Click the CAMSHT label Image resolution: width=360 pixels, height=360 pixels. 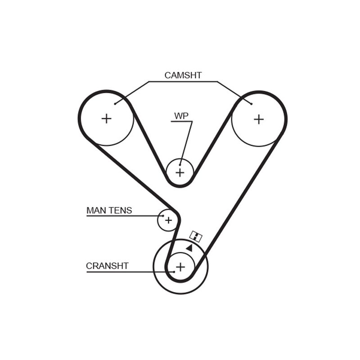(x=183, y=75)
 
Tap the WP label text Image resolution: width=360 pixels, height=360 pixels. (x=181, y=116)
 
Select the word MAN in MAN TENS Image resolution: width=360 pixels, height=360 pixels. (x=96, y=210)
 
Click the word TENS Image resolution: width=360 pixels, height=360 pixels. (x=120, y=210)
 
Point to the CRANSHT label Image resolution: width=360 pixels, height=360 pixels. (x=107, y=266)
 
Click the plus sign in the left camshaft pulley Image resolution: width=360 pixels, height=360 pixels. (x=106, y=119)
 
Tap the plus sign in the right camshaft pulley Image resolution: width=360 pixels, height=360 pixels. (x=259, y=119)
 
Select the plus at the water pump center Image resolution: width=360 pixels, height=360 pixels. (x=180, y=172)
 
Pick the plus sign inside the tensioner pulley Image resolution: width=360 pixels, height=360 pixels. (x=168, y=220)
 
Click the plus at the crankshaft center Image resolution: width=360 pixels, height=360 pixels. (x=180, y=267)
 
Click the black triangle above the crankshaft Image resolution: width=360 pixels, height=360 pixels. (x=189, y=248)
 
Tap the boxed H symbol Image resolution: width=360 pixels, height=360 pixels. (x=196, y=236)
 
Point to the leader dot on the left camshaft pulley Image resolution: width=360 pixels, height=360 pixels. (x=115, y=104)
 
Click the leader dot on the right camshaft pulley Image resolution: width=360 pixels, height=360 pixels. (x=252, y=104)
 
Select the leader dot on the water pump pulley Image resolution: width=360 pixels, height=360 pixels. (x=180, y=165)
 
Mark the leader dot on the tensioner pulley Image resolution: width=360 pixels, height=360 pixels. (x=163, y=216)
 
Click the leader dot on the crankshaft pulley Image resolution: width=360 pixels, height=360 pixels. (x=174, y=272)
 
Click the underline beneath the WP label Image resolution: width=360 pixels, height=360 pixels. (x=182, y=121)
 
